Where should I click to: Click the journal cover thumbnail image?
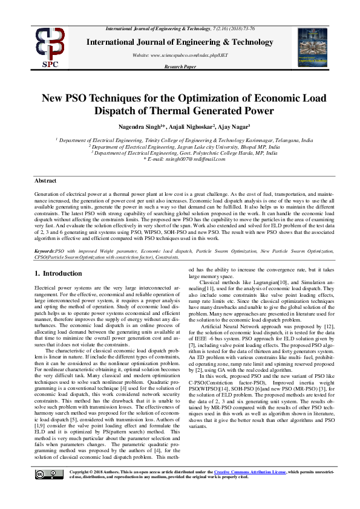313,47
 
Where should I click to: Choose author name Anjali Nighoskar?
190,127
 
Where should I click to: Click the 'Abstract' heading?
46,181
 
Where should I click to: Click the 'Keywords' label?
44,250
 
